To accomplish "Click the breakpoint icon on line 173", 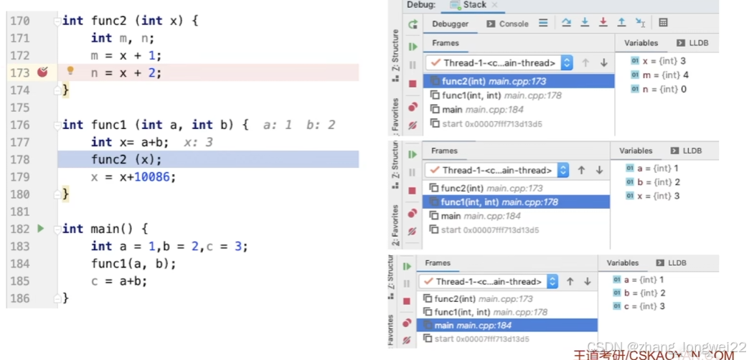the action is (42, 72).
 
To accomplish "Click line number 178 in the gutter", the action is (19, 159).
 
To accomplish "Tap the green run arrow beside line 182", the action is (40, 229).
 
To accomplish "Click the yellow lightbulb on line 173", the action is (70, 71).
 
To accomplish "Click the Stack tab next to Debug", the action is (474, 5).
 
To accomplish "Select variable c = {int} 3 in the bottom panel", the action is (644, 306).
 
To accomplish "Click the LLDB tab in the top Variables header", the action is (693, 43).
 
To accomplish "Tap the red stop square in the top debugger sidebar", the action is (413, 84).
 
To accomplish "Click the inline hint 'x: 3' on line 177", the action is (198, 142).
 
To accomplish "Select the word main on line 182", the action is (105, 229).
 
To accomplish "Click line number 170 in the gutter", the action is (19, 21).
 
